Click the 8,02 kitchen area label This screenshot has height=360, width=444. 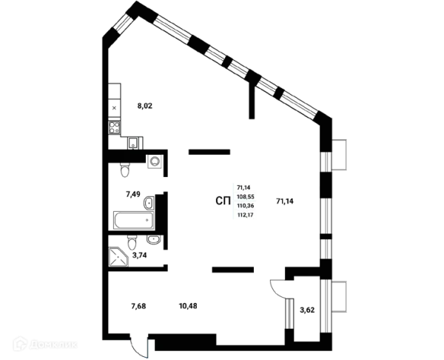click(145, 106)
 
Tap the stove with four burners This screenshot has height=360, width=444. click(115, 127)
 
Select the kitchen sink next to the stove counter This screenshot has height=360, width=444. click(132, 143)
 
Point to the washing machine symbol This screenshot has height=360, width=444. click(155, 161)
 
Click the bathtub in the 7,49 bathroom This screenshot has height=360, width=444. click(134, 220)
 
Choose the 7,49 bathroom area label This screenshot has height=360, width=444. click(132, 195)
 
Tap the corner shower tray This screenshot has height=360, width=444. click(118, 256)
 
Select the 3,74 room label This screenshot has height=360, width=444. click(139, 255)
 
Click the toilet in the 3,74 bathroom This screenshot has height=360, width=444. click(132, 242)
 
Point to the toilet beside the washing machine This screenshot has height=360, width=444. click(125, 170)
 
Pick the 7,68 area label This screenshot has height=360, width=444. click(138, 306)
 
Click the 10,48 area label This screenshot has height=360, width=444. click(188, 306)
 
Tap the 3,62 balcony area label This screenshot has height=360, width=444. click(307, 310)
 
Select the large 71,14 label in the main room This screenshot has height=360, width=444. click(285, 201)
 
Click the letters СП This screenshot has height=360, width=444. click(223, 201)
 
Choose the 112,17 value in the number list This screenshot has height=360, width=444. click(246, 215)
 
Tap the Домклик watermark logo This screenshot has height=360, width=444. click(45, 344)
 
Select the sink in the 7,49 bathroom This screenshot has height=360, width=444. click(149, 203)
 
